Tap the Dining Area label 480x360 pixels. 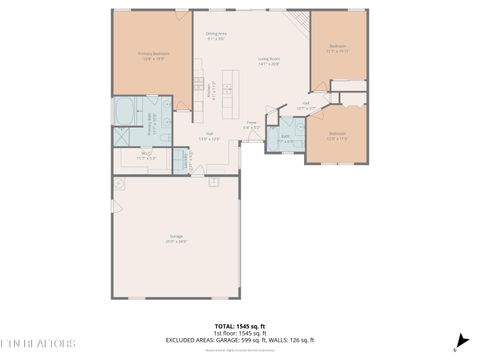pos(217,36)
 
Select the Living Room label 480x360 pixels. pos(269,61)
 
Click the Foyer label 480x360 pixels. pos(253,126)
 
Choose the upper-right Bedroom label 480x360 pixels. pos(338,47)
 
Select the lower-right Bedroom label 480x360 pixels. pos(337,136)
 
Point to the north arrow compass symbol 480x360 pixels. pos(460,340)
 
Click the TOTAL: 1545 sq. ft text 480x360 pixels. pos(239,326)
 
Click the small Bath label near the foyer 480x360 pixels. pos(286,137)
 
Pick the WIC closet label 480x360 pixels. pos(146,155)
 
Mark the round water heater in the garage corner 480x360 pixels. pos(119,183)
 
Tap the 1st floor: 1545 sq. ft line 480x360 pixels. pos(239,333)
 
